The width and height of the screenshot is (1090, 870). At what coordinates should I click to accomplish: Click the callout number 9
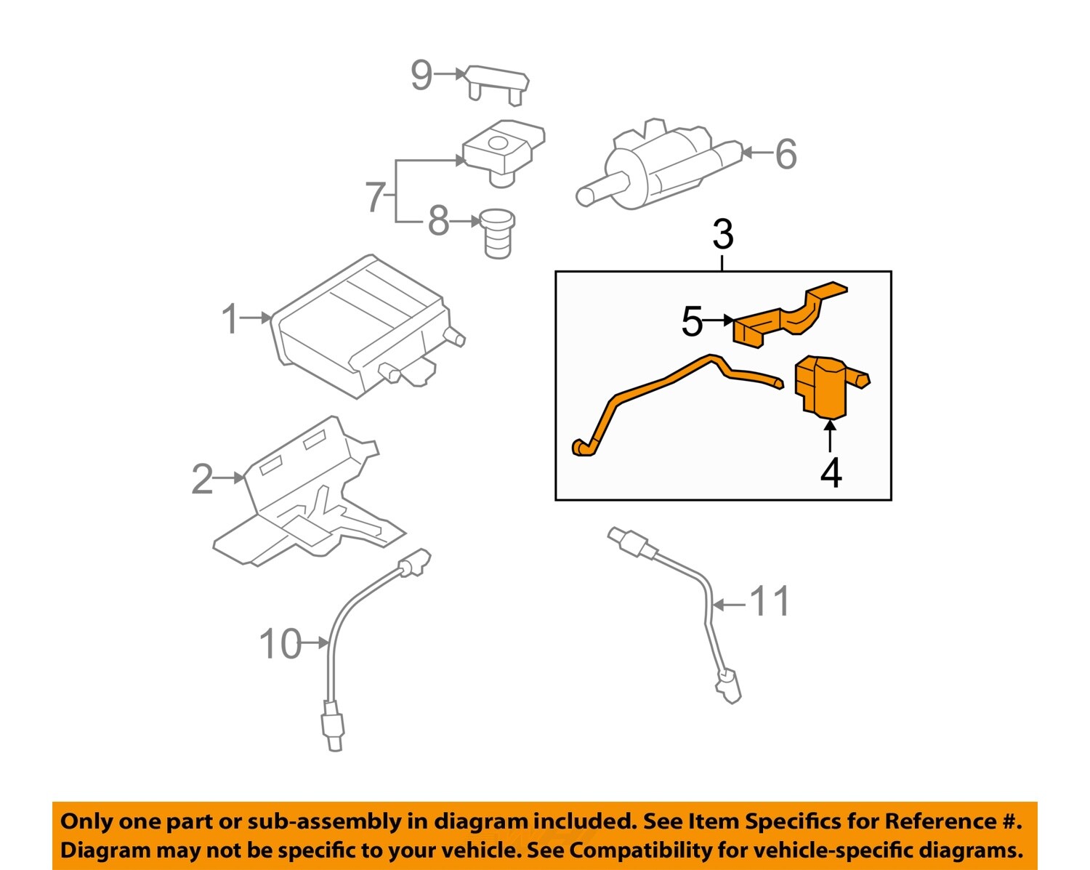pos(421,74)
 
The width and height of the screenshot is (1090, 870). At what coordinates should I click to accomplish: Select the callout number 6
pos(786,154)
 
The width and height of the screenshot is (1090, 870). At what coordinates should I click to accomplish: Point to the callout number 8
pos(438,220)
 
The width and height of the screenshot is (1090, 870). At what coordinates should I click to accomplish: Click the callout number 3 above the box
pos(722,235)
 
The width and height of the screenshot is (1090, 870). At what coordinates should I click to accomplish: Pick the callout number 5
pos(692,321)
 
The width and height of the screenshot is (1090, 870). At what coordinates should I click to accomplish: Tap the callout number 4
pos(831,472)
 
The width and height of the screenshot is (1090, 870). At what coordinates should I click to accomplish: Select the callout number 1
pos(230,320)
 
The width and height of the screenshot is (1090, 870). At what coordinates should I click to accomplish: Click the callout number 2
pos(202,480)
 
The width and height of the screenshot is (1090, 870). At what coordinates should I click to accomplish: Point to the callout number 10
pos(280,644)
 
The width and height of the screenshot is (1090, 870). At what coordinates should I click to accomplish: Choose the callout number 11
pos(770,602)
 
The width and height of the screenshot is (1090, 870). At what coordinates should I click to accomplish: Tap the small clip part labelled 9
pos(498,81)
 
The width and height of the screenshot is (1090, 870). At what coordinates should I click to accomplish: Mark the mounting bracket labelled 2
pos(305,494)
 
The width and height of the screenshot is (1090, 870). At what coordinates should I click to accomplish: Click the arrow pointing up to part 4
pos(829,436)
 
